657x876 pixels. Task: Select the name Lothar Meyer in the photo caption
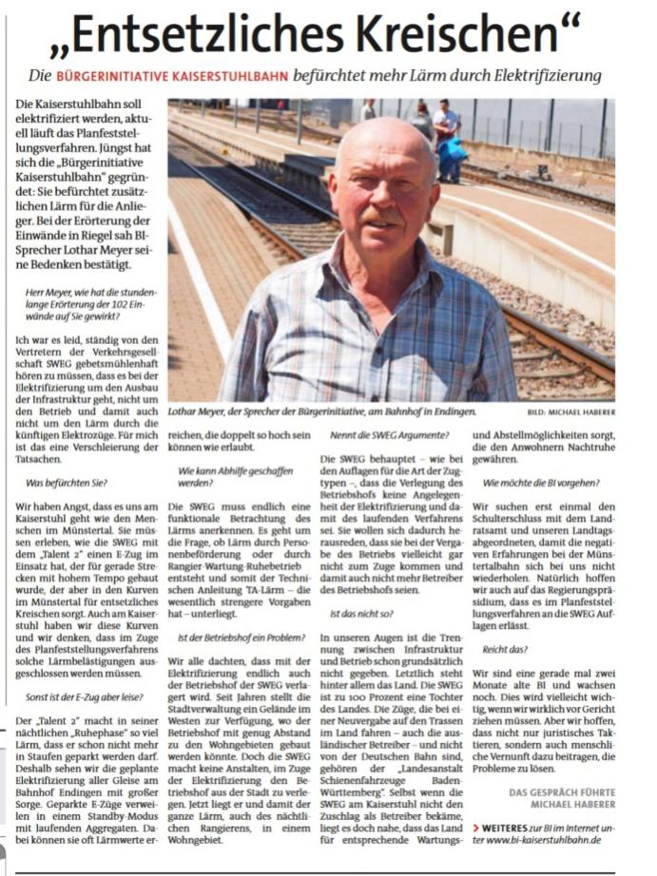click(199, 411)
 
